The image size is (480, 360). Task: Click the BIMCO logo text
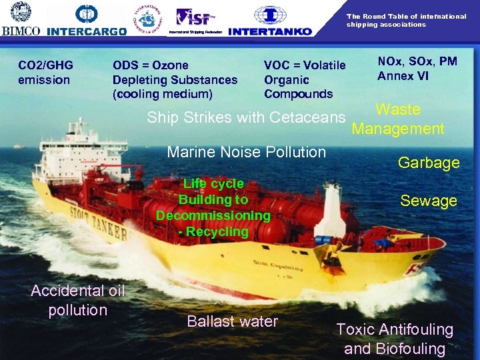point(21,31)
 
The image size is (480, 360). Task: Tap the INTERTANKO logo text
point(269,31)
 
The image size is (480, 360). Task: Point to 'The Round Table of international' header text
point(406,17)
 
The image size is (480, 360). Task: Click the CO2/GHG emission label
point(45,72)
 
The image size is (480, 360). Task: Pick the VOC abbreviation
point(277,65)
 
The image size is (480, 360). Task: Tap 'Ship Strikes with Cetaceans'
point(246,118)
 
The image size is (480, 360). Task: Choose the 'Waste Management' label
point(398,119)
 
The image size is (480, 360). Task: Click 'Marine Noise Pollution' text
point(246,152)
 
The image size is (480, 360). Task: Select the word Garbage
point(429,163)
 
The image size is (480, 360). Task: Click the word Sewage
point(429,201)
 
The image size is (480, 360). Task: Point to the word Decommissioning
point(213,215)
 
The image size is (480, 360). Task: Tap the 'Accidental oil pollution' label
point(78,300)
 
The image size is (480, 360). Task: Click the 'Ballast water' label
point(233,321)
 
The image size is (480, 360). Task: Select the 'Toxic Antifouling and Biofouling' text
point(395,339)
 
